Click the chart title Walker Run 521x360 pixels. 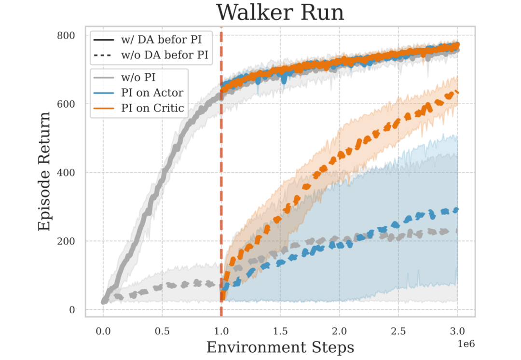click(x=280, y=13)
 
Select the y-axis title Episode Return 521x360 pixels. click(x=44, y=171)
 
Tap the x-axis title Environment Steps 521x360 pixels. click(x=280, y=347)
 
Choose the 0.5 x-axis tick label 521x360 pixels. click(x=162, y=332)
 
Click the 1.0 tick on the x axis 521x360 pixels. click(x=221, y=332)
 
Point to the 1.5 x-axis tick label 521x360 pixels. click(x=280, y=332)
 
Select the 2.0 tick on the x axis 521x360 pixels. click(x=340, y=332)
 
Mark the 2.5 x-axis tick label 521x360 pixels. click(x=398, y=332)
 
